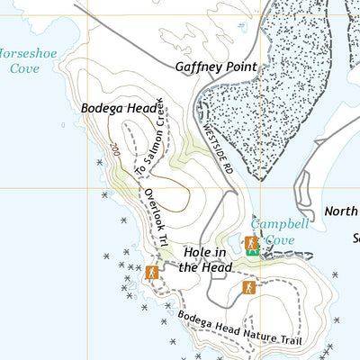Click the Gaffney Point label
215,67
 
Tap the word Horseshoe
27,54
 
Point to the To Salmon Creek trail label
150,136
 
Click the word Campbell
280,223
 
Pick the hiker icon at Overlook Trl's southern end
152,272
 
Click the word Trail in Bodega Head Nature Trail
287,340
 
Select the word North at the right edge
341,212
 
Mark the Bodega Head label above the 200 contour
119,108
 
